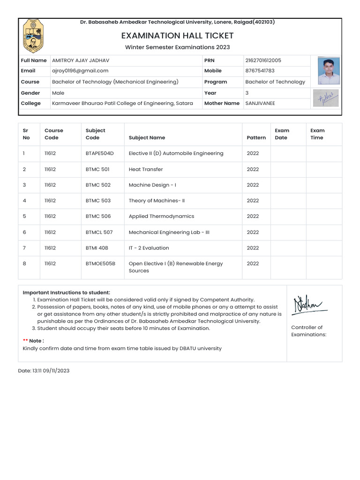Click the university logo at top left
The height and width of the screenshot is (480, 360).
32,36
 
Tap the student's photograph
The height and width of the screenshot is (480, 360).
329,70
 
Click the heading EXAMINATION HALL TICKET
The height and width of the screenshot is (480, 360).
177,36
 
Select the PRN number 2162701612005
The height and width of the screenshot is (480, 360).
263,60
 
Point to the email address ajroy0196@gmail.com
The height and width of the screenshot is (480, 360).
80,71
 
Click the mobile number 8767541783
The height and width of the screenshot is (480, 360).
260,71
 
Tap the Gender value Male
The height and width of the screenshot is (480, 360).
58,93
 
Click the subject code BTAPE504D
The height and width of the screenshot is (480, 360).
100,153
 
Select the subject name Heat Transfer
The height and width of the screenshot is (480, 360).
146,169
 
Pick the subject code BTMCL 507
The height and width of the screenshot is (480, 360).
99,232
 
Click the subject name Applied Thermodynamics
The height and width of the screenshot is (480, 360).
161,216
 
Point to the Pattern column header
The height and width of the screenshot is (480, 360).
256,138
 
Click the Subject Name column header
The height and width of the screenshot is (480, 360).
147,138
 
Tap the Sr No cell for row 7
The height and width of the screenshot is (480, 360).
24,248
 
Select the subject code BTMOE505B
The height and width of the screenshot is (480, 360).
100,263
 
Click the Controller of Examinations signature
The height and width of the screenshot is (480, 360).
309,306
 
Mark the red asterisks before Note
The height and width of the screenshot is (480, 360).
25,341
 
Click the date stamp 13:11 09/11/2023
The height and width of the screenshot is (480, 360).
44,370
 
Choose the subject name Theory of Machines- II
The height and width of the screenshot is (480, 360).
157,201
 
